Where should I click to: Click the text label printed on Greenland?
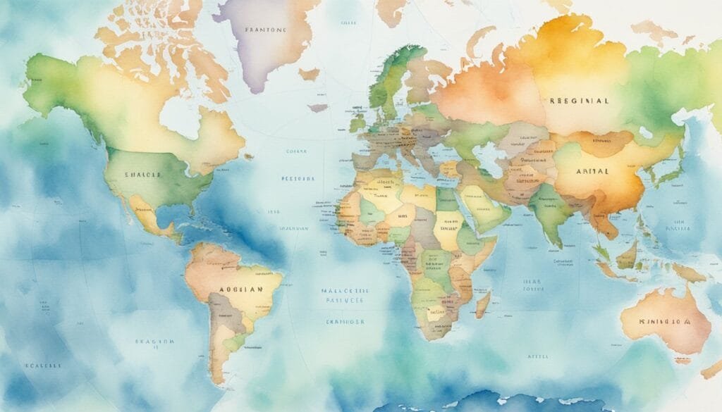(265, 30)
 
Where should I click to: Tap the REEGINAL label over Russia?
(578, 101)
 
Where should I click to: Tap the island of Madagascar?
(483, 304)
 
